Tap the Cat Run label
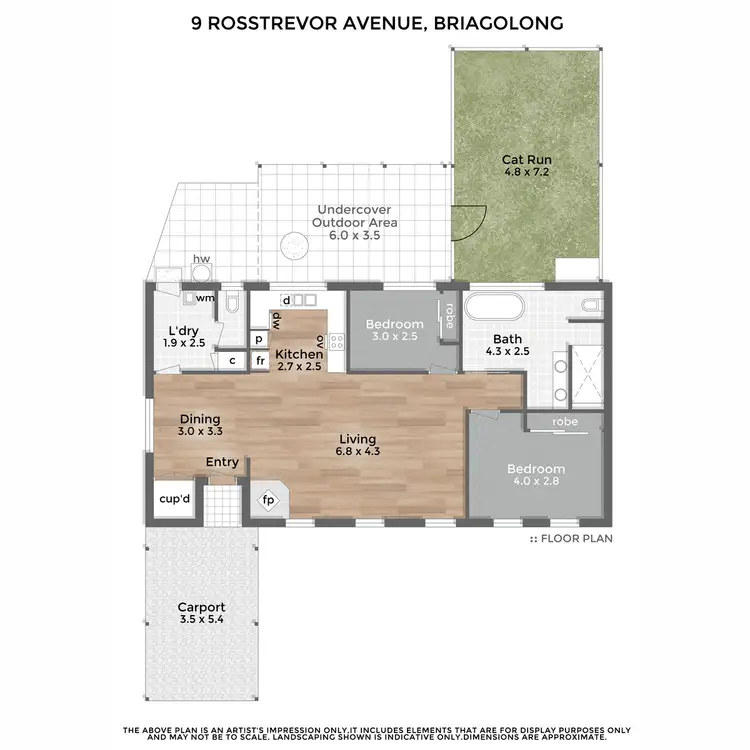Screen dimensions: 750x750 tap(526, 159)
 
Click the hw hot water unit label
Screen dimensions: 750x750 tap(201, 259)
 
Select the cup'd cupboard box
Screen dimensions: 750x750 tap(174, 499)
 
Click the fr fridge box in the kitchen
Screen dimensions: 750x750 tap(259, 361)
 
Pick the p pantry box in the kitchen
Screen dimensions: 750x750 tap(258, 340)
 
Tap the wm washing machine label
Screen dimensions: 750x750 tap(204, 298)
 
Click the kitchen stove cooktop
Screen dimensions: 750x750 tap(336, 348)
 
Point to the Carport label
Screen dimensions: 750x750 tap(201, 607)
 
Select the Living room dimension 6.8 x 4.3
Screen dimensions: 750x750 tap(357, 452)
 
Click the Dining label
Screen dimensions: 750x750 tap(199, 419)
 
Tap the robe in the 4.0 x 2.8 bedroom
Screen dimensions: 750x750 tap(565, 422)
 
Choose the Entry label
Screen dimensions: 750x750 tap(222, 462)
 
